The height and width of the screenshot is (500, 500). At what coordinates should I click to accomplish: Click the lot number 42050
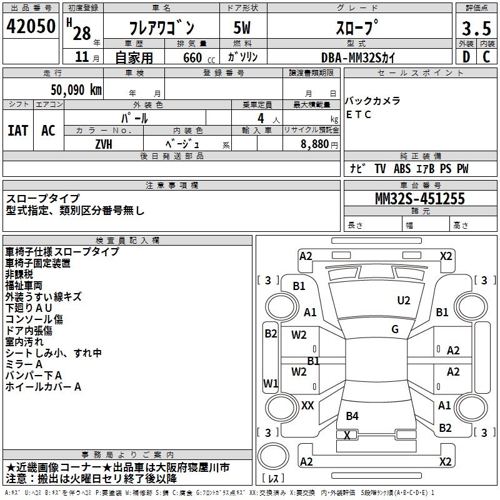pos(31,26)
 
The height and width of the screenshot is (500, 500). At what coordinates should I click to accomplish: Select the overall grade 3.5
pos(476,28)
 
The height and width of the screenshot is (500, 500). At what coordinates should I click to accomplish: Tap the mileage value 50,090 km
pos(76,90)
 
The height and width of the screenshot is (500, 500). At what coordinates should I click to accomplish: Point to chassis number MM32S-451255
pos(420,199)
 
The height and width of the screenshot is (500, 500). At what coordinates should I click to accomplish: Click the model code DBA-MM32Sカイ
pos(358,57)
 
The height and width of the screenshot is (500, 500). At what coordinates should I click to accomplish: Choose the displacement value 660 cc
pos(199,58)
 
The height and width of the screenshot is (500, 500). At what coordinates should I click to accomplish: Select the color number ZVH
pos(104,144)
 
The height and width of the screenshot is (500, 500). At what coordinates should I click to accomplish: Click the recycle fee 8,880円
pos(319,144)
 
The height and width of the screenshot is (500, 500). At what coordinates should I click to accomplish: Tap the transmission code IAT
pos(18,131)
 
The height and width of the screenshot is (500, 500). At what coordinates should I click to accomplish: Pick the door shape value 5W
pos(242,27)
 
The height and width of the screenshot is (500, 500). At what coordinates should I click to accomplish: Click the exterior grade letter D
pos(466,57)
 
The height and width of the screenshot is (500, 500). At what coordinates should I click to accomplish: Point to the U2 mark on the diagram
pos(404,301)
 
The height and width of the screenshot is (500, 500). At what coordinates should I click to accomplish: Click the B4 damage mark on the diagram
pos(352,416)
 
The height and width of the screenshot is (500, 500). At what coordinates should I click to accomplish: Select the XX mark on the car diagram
pos(307,406)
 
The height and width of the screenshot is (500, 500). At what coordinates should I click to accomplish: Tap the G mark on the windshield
pos(395,329)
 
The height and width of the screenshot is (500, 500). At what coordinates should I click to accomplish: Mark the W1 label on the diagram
pos(271,383)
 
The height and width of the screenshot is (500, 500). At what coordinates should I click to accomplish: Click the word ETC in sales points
pos(359,114)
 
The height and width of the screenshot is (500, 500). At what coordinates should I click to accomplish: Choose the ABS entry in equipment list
pos(402,169)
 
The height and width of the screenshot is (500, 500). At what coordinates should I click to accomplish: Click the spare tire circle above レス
pos(273,456)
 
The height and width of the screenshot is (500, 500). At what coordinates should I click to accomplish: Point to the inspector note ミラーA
pos(24,364)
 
